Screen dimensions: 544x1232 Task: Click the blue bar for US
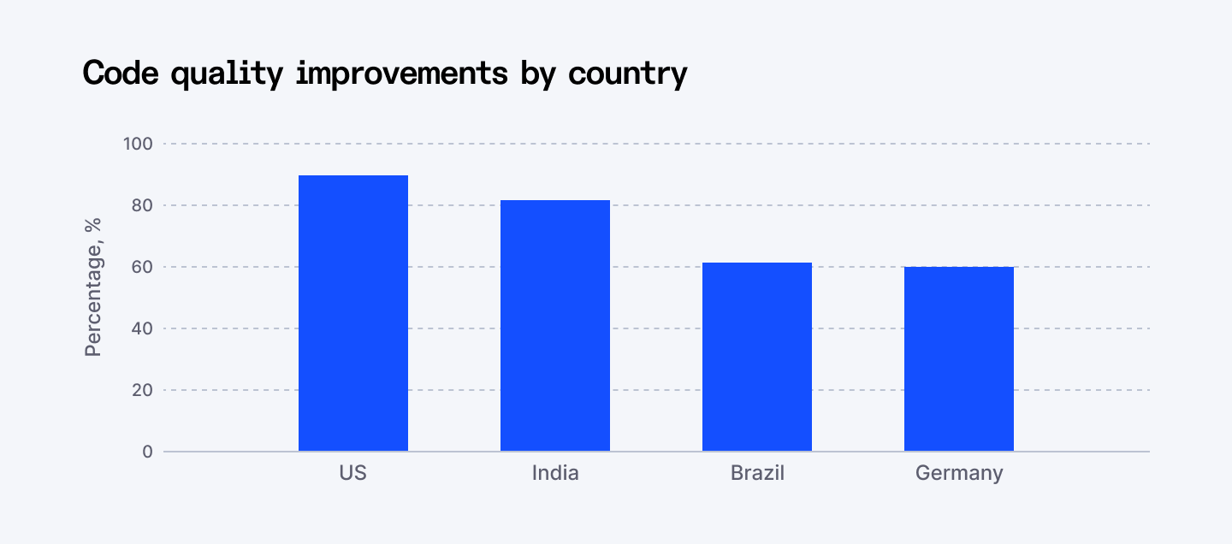tap(353, 313)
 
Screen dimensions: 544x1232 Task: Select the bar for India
tap(555, 325)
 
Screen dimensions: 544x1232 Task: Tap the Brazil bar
tap(757, 357)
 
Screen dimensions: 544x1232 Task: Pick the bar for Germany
tap(959, 358)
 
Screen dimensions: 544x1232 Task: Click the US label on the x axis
tap(353, 473)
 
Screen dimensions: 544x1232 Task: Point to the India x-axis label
tap(555, 473)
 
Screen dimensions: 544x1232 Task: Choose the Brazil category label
tap(757, 473)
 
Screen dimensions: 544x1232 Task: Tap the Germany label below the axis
tap(959, 473)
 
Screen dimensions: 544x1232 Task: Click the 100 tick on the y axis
tap(138, 144)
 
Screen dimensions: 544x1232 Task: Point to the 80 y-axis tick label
tap(141, 205)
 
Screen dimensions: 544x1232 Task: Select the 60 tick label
tap(141, 267)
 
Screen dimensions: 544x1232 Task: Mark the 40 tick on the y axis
tap(141, 328)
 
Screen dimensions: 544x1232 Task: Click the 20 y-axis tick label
tap(141, 390)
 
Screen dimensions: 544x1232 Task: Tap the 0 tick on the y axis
tap(147, 452)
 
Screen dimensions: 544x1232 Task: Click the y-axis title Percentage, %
tap(93, 287)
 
